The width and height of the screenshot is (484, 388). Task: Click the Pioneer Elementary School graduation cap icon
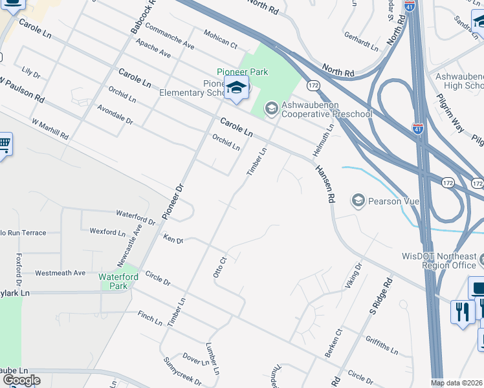(236, 88)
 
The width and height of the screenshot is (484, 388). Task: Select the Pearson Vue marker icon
(358, 201)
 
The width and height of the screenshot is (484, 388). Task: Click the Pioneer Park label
(243, 72)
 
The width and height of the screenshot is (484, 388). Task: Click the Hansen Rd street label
(324, 184)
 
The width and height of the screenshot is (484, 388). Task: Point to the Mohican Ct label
(220, 39)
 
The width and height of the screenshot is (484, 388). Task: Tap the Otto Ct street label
(221, 267)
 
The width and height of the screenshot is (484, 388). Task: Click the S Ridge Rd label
(381, 294)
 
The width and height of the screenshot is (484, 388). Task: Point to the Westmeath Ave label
(60, 273)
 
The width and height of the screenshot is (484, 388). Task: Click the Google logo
(21, 380)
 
